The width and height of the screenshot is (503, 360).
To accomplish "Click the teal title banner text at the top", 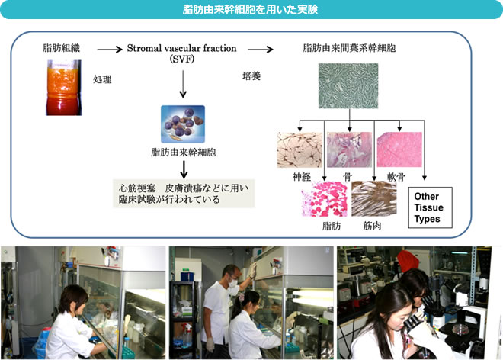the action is [250, 9].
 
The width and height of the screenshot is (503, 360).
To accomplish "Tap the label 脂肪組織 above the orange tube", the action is [61, 48].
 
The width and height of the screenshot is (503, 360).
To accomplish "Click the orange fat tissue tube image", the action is [63, 88].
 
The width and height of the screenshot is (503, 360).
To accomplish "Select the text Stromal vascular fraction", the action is [181, 48].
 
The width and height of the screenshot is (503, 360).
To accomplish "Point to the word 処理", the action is [102, 79].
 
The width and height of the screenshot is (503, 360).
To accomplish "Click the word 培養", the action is [251, 76].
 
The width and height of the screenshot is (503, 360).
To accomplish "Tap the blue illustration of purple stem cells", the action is [183, 124].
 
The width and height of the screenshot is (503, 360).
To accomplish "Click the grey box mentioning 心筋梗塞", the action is [184, 194].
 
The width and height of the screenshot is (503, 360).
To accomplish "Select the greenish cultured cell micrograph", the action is [348, 85].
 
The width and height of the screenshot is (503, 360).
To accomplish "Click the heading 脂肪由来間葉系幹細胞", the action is [349, 48].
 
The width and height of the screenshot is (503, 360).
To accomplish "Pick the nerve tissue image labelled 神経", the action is [300, 149].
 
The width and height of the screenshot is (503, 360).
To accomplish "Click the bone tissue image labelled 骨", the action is [349, 149].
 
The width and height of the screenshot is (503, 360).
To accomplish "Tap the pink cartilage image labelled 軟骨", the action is [399, 149].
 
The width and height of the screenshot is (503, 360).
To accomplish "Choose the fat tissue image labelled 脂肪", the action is [325, 199].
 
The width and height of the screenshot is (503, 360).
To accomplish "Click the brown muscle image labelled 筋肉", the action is [374, 198].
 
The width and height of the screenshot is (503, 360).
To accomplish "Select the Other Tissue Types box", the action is [430, 207].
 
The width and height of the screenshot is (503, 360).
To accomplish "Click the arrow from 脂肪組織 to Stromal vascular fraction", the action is [110, 49].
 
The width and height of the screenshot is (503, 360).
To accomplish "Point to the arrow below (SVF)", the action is [183, 84].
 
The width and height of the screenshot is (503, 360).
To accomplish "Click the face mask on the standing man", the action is [233, 283].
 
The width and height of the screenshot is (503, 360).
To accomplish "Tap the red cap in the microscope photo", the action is [408, 260].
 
